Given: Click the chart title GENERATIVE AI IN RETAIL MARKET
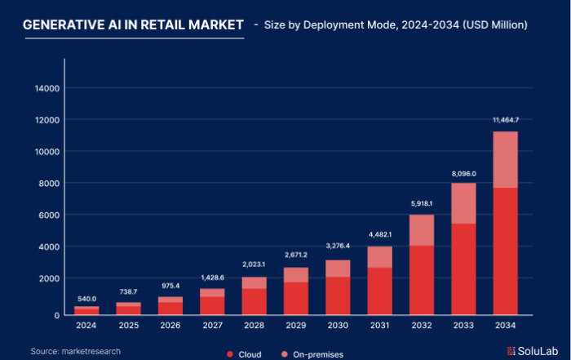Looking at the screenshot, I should (x=132, y=25).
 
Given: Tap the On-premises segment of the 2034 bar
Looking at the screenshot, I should (x=506, y=159).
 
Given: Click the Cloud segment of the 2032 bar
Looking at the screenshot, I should (x=422, y=280).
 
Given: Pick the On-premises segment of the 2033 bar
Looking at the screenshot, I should (x=464, y=203).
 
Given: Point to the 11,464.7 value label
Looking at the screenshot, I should (x=506, y=120).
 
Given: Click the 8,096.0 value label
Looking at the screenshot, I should (x=464, y=172).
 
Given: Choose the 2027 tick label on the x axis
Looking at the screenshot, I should (x=212, y=327).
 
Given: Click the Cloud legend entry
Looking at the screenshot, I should (x=244, y=354).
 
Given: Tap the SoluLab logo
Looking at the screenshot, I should (x=531, y=350).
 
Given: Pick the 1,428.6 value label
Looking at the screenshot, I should (x=212, y=278).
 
